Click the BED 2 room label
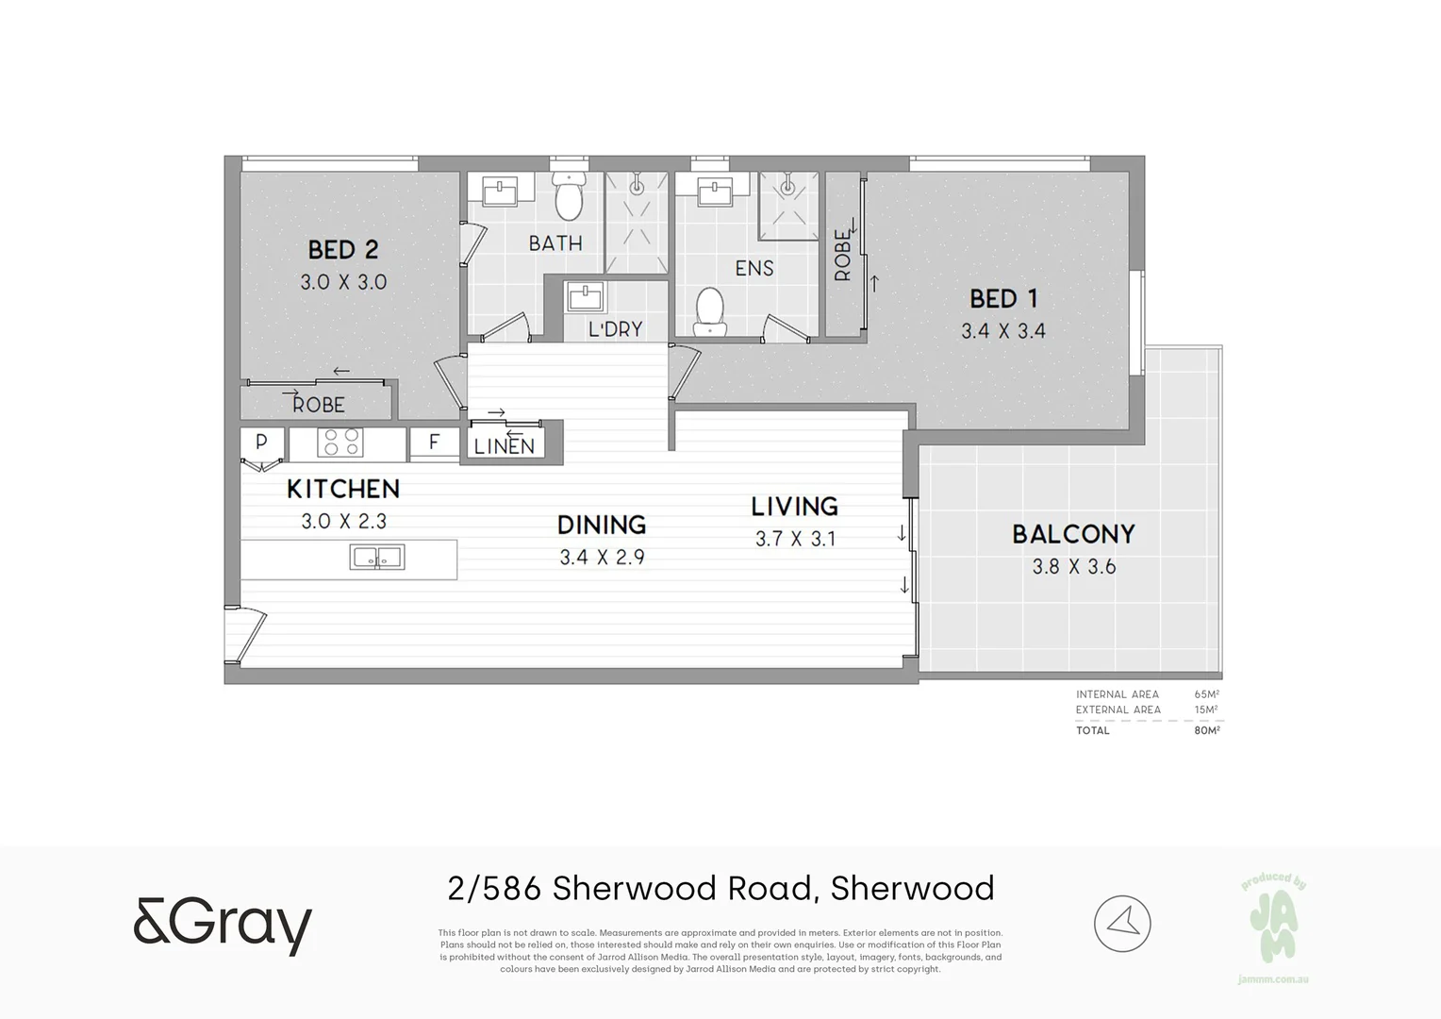coord(343,250)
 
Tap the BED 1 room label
coord(1003,299)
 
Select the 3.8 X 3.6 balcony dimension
coord(1073,567)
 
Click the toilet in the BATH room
coord(569,196)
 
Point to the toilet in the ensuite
coord(709,311)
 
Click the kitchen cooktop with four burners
coord(340,442)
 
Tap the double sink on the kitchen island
coord(377,558)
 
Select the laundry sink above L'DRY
coord(587,297)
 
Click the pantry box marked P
coord(261,442)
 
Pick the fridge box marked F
coord(434,442)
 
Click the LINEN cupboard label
coord(505,446)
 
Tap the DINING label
coord(602,525)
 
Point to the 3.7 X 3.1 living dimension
coord(795,539)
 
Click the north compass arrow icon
coord(1122,924)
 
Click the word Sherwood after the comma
coord(912,889)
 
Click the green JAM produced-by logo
coord(1273,925)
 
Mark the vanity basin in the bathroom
coord(500,192)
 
